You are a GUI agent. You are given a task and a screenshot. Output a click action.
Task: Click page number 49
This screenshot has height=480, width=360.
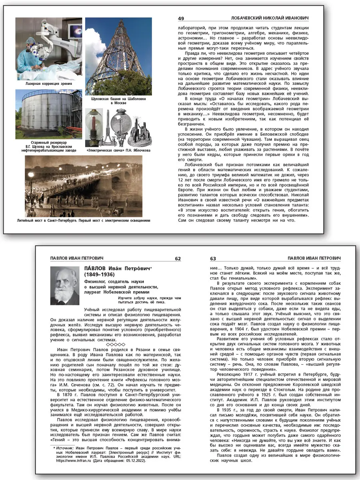[181, 18]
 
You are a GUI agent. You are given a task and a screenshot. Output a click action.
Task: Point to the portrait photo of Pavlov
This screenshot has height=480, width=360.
[65, 286]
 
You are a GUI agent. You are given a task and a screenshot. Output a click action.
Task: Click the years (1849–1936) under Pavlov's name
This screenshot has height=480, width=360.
[99, 275]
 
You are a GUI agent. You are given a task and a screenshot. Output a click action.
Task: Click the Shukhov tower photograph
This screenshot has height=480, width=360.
[118, 56]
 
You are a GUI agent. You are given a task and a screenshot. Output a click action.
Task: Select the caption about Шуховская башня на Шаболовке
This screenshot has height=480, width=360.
[118, 100]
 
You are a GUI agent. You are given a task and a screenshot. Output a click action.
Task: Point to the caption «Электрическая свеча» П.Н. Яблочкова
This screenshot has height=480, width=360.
[118, 151]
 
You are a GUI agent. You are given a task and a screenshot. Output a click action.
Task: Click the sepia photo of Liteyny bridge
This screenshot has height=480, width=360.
[83, 186]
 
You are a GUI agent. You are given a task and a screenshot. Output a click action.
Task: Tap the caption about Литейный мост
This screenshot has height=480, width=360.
[83, 220]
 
